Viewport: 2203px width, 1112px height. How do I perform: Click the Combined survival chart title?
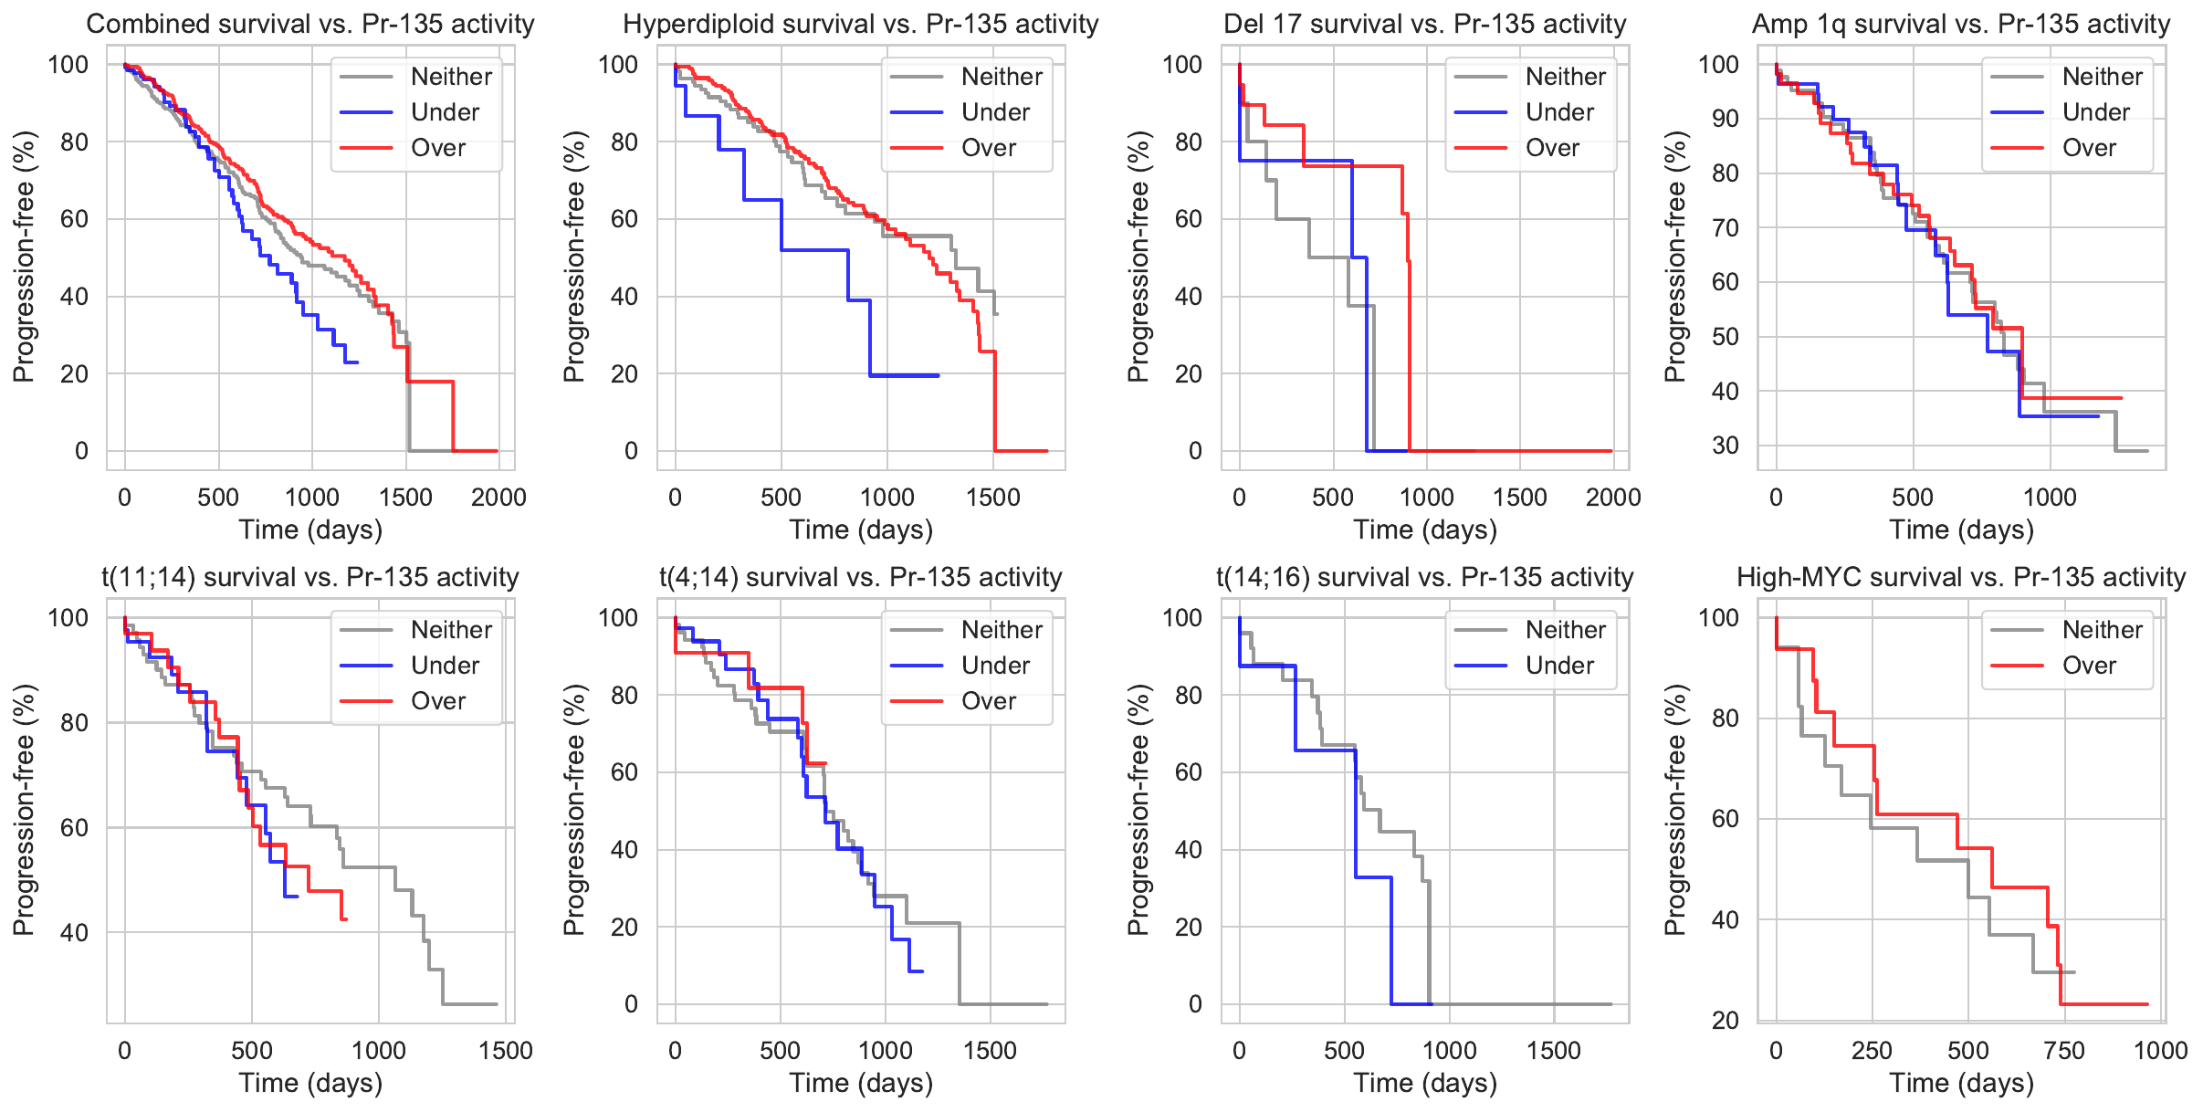click(x=310, y=24)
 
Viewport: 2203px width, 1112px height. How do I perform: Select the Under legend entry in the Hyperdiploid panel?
click(x=994, y=112)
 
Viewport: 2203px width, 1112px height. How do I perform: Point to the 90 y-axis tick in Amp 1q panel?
click(x=1725, y=119)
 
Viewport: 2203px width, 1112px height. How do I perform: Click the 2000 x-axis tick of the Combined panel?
click(x=498, y=498)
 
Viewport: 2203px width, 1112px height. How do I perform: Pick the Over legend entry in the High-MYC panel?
click(x=2088, y=666)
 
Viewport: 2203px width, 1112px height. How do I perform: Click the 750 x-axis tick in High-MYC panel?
click(x=2064, y=1051)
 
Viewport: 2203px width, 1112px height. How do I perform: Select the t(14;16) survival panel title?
click(x=1424, y=577)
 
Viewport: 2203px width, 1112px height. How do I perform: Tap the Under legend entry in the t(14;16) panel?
click(x=1558, y=666)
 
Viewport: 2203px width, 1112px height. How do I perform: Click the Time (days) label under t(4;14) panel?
click(x=861, y=1083)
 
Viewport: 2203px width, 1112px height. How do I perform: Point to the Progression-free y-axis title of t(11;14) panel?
click(x=24, y=810)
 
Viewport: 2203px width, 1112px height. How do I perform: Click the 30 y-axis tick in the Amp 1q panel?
click(x=1725, y=446)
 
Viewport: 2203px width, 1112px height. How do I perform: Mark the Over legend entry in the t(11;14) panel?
click(x=437, y=701)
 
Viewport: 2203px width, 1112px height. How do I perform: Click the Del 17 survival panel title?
click(x=1424, y=24)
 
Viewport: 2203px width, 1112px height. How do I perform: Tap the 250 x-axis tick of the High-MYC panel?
click(x=1872, y=1051)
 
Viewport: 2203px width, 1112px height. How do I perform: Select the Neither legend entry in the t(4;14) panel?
click(x=1002, y=630)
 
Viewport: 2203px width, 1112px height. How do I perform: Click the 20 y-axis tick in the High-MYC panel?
click(x=1725, y=1020)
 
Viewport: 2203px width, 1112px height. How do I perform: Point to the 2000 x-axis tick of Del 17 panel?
click(x=1613, y=498)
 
